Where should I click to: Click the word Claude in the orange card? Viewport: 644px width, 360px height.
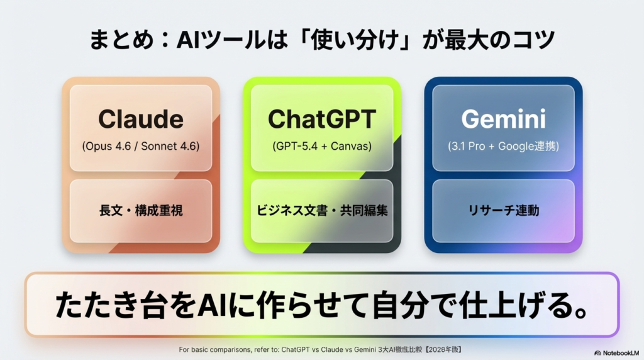click(x=141, y=119)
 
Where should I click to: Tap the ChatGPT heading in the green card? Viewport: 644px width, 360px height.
click(x=321, y=119)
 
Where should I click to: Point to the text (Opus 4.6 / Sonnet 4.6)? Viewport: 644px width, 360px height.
click(x=141, y=146)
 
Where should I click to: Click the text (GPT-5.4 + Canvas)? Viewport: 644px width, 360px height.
click(x=321, y=146)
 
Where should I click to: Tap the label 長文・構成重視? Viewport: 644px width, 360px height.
click(x=141, y=211)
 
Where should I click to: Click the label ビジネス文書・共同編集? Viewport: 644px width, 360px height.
click(x=321, y=211)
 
